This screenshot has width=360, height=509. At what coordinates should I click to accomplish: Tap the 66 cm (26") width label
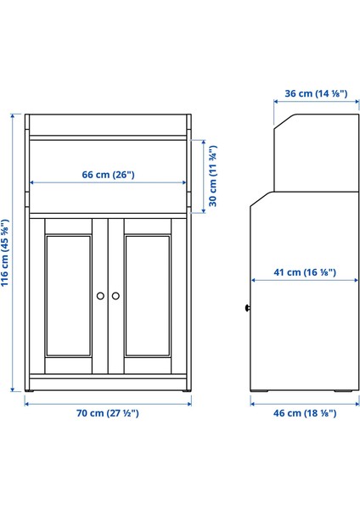pyautogui.click(x=108, y=174)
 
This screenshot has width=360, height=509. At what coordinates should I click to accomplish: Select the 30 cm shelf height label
pyautogui.click(x=213, y=174)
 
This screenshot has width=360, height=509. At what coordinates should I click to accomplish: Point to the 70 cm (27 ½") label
pyautogui.click(x=108, y=413)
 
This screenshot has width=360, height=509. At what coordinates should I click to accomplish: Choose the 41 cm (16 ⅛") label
pyautogui.click(x=304, y=273)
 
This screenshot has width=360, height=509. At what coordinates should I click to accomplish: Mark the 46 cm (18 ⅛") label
pyautogui.click(x=305, y=413)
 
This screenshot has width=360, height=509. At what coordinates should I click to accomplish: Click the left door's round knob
pyautogui.click(x=101, y=295)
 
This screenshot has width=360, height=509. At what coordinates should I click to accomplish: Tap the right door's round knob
pyautogui.click(x=116, y=295)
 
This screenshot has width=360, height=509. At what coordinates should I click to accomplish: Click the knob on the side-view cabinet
pyautogui.click(x=247, y=308)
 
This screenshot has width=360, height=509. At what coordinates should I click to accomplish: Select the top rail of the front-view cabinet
pyautogui.click(x=108, y=119)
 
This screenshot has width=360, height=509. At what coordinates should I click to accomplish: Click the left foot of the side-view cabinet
pyautogui.click(x=261, y=391)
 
